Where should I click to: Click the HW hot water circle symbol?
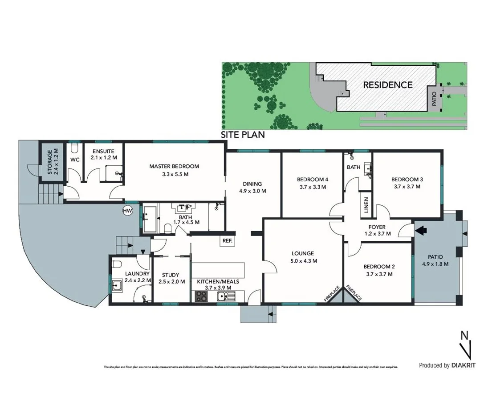tap(127, 210)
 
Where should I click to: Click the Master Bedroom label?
tap(174, 166)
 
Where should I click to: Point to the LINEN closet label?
tap(366, 207)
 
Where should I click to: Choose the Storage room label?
tap(49, 162)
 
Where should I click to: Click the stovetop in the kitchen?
tap(201, 296)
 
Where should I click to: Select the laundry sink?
tap(118, 284)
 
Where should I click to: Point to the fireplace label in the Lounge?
tap(333, 294)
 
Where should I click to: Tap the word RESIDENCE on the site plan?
tap(388, 84)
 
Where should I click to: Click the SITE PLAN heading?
tap(243, 134)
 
